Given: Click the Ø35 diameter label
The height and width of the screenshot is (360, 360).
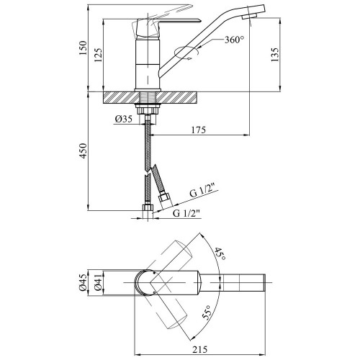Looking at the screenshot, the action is coord(123,119).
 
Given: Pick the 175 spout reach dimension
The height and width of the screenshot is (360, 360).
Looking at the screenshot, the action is coord(199,130).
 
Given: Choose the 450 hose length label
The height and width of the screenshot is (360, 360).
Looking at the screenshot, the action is coord(83,150).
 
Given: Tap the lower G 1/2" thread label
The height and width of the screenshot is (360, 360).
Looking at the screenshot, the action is coord(186,213).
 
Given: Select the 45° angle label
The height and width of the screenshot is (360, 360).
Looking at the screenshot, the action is coord(220,254).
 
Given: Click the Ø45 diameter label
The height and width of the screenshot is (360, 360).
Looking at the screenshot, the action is coord(82,282).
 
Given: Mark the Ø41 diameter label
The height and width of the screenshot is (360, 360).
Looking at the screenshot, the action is coord(98,282).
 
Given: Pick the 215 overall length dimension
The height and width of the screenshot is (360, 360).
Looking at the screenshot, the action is coord(200,349).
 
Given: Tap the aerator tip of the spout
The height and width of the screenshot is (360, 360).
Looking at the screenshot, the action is coord(249,17).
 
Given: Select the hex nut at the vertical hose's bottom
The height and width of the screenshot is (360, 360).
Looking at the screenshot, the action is coord(148,208).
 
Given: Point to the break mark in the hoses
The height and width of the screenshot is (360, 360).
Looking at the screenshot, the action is coord(150,171).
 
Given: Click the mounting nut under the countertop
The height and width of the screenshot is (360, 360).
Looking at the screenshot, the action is coord(148,110).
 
